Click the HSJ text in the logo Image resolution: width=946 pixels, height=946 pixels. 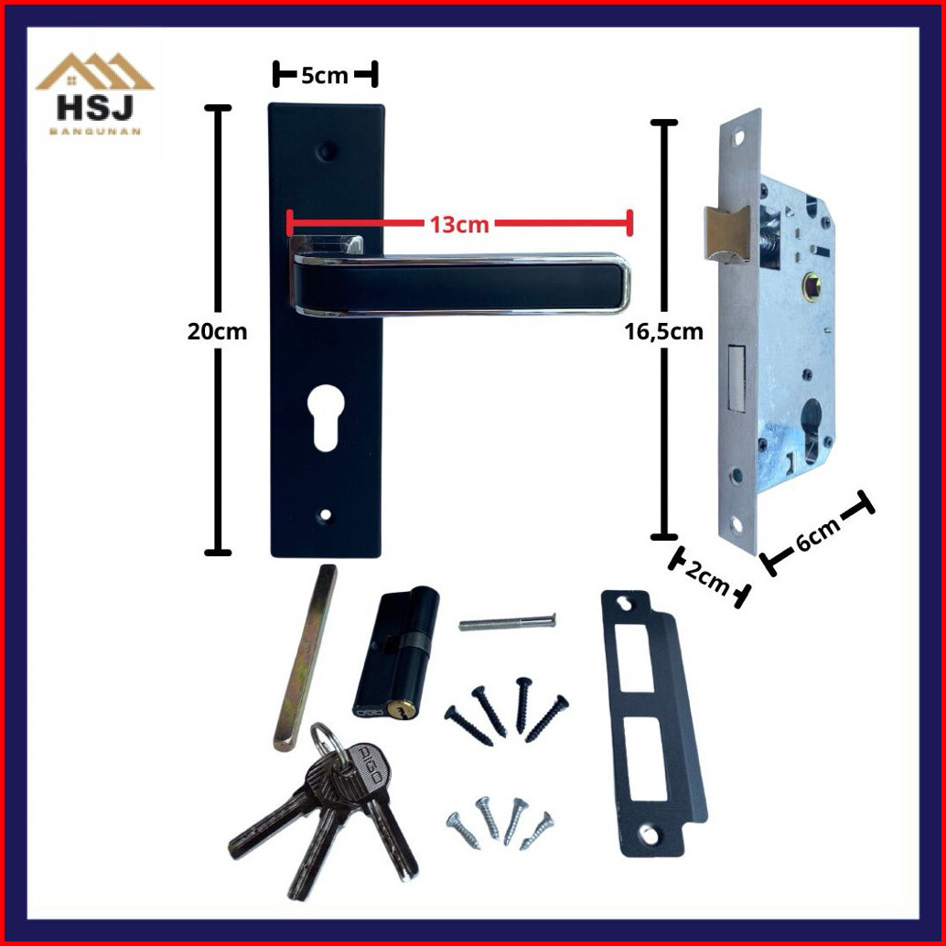(95, 108)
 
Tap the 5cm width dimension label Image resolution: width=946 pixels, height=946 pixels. (325, 75)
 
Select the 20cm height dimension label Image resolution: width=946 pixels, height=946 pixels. (217, 331)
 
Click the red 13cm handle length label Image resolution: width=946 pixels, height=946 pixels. (459, 224)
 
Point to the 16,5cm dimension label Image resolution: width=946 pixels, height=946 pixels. (663, 331)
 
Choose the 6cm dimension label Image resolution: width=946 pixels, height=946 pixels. (818, 534)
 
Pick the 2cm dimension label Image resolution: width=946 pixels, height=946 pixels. (708, 576)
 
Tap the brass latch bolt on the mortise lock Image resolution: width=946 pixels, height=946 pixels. (726, 234)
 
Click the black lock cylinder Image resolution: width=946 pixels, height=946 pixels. (396, 653)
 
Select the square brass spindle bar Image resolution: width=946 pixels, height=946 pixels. (306, 658)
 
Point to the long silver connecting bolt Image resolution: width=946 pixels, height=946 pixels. (507, 621)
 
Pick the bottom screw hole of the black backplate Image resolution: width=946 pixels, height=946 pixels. (326, 515)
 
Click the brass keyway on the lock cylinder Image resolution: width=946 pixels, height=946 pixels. (396, 710)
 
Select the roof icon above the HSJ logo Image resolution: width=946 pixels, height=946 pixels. (95, 71)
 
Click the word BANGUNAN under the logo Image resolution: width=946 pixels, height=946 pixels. (95, 131)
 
